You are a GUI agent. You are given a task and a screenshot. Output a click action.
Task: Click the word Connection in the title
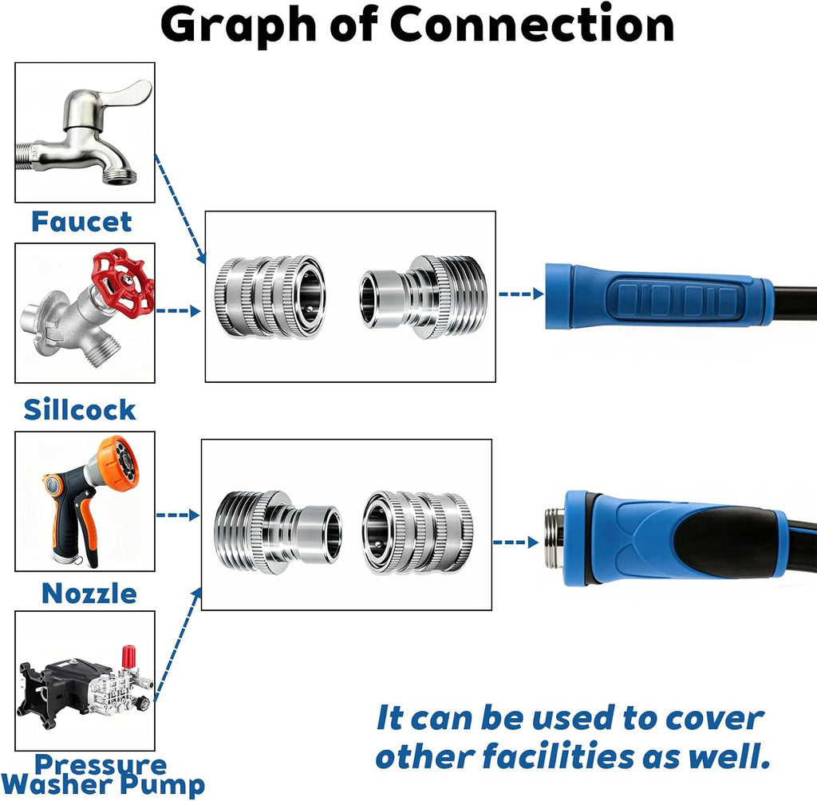[532, 25]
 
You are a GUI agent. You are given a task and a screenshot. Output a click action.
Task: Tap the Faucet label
[82, 222]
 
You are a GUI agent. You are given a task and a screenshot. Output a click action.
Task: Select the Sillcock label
[80, 409]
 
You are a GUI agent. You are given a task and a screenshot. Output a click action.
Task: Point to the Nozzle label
[89, 594]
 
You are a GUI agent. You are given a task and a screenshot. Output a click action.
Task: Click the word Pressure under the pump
[101, 764]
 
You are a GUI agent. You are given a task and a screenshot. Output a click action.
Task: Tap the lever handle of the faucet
[125, 94]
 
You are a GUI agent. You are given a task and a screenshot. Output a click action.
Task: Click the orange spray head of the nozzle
[118, 464]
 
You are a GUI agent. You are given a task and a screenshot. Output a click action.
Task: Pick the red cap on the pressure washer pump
[128, 655]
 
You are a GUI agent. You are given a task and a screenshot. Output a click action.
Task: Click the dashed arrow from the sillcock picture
[178, 311]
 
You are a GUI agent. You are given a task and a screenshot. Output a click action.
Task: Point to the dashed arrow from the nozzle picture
[178, 515]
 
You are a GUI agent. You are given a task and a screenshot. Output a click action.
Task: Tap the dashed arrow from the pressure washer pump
[178, 645]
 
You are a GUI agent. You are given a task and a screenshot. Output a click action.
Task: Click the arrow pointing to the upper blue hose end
[521, 294]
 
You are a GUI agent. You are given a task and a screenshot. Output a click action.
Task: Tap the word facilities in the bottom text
[558, 756]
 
